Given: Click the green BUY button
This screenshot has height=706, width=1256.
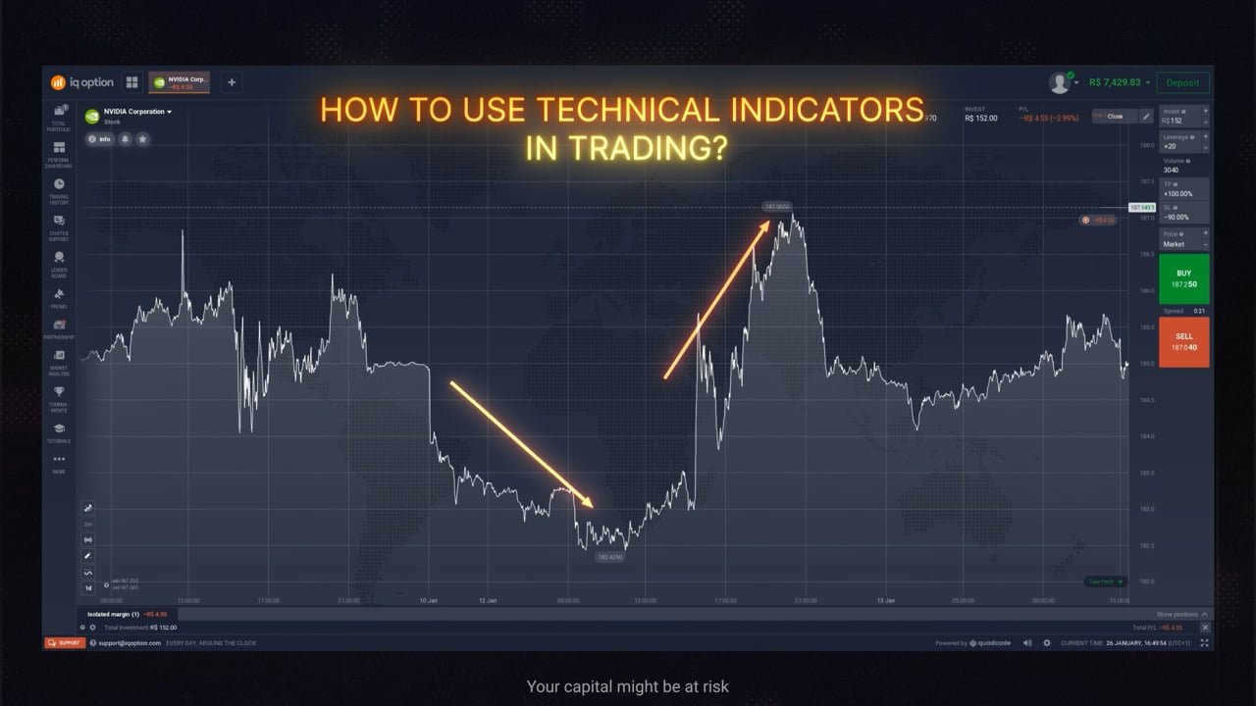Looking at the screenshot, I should pyautogui.click(x=1183, y=278).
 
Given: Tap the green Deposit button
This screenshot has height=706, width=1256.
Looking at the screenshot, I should pyautogui.click(x=1182, y=83).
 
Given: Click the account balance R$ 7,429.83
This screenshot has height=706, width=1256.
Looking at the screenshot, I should pyautogui.click(x=1115, y=83).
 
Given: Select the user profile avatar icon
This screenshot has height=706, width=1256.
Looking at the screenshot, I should pyautogui.click(x=1059, y=83).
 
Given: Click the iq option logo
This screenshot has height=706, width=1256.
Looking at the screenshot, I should pyautogui.click(x=82, y=83).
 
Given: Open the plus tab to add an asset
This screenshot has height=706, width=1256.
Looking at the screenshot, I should pyautogui.click(x=232, y=82).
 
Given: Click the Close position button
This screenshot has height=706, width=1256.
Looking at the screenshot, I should pyautogui.click(x=1115, y=116).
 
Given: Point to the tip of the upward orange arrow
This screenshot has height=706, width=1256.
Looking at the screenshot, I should pyautogui.click(x=769, y=222).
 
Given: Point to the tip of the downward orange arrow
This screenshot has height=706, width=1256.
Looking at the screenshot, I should pyautogui.click(x=593, y=507).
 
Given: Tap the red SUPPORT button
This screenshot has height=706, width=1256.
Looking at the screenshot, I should pyautogui.click(x=64, y=643).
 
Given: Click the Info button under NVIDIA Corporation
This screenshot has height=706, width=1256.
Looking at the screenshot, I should pyautogui.click(x=99, y=139).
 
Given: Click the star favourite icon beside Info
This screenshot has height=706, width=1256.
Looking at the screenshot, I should pyautogui.click(x=142, y=139).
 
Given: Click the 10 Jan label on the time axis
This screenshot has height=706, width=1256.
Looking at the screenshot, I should pyautogui.click(x=428, y=600).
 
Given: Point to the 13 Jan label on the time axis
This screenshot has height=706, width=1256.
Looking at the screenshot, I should pyautogui.click(x=885, y=600).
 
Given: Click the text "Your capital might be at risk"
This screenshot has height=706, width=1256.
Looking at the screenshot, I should pyautogui.click(x=627, y=686).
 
